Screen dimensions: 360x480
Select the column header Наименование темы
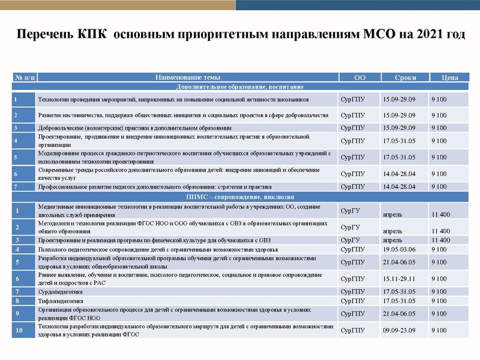[187, 77]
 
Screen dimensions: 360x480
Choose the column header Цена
[449, 77]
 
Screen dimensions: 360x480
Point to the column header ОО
[359, 77]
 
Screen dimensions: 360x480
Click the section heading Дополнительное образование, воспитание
[240, 86]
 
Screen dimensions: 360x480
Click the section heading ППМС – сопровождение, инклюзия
[240, 197]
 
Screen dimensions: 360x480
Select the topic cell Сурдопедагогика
[62, 292]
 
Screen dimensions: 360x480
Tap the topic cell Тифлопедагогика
[61, 301]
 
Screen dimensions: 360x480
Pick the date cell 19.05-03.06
[399, 249]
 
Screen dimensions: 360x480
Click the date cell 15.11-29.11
[399, 279]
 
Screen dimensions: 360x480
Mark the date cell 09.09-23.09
[399, 331]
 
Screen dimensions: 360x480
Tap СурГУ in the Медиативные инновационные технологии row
[350, 211]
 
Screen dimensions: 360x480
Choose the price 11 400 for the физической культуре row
[440, 240]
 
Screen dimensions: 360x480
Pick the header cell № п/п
[25, 77]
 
